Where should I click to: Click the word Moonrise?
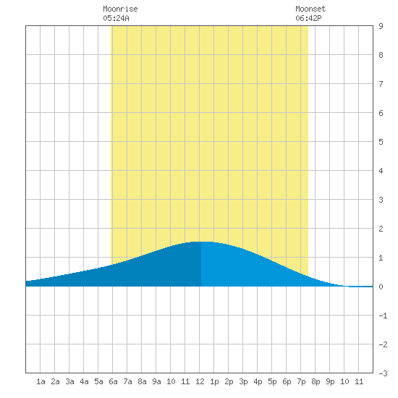120,9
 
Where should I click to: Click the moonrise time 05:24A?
116,18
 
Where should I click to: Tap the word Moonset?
310,9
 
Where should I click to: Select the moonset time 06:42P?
308,18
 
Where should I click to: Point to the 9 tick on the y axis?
381,26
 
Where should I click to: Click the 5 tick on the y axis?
381,142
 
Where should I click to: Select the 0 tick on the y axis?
381,287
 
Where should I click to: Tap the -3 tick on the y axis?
383,373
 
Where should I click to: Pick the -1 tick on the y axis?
383,316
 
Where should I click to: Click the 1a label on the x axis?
41,381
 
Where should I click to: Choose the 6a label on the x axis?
113,381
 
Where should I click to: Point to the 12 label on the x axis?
200,381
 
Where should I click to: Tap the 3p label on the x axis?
243,381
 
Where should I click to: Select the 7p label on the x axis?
301,381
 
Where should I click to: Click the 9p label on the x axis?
330,381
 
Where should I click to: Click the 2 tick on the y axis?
381,229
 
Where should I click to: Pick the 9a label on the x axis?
156,381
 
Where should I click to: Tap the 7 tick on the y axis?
381,84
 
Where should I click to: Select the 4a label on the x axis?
84,381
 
